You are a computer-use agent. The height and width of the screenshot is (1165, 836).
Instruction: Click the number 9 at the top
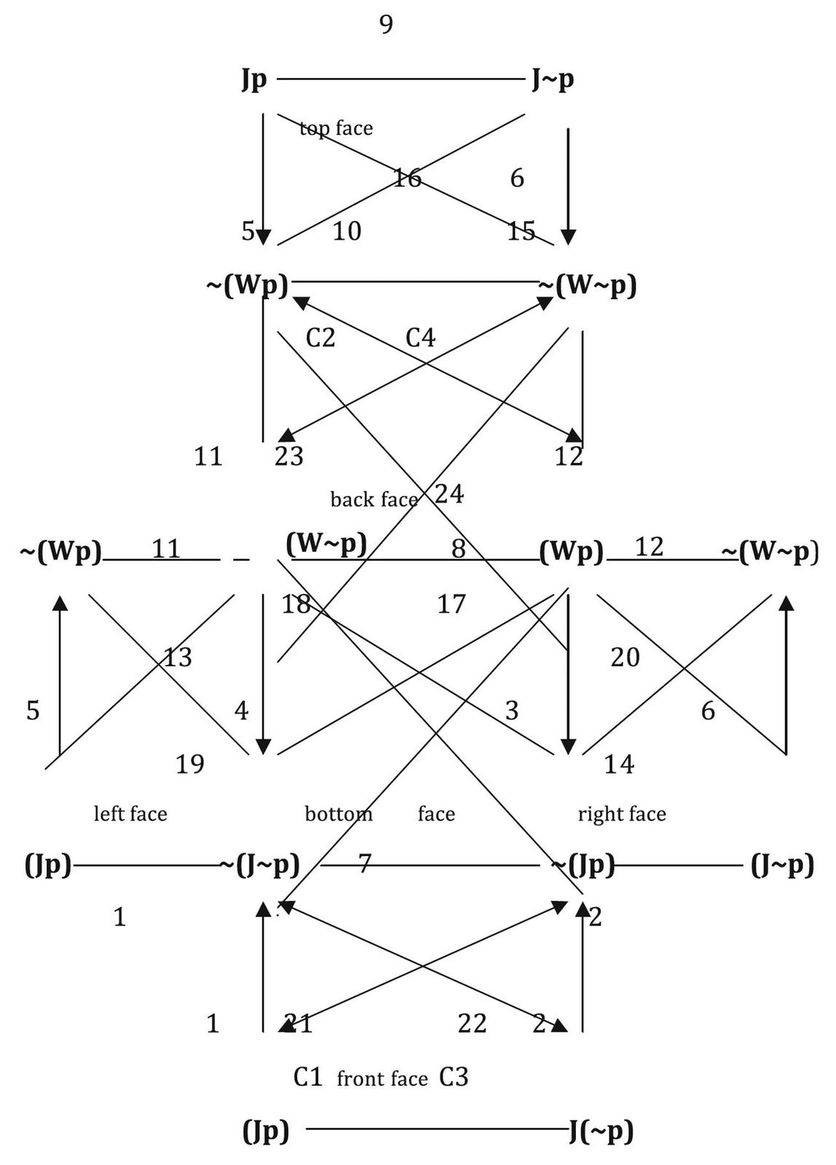point(386,25)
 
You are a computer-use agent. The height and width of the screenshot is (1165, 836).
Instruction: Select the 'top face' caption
point(336,129)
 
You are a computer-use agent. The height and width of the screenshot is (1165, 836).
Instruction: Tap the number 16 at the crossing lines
point(407,178)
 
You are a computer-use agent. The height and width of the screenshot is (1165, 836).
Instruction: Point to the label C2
point(320,338)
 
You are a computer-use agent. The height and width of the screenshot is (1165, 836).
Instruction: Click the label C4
point(420,338)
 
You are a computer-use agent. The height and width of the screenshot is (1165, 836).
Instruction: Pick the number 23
point(289,457)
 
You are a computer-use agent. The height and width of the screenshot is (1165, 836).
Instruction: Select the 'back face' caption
point(374,499)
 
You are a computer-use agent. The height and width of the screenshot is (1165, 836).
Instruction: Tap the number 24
point(449,494)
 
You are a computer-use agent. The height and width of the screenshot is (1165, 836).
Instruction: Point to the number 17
point(451,604)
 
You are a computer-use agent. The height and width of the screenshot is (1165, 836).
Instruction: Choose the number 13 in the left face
point(178,657)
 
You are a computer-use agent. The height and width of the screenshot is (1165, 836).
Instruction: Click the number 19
point(190,765)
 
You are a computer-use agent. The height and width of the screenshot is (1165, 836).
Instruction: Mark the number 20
point(625,657)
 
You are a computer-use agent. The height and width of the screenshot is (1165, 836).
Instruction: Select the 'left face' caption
point(130,813)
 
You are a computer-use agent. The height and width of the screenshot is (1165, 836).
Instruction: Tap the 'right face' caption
point(622,813)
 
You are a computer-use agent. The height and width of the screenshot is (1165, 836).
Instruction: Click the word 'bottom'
point(339,813)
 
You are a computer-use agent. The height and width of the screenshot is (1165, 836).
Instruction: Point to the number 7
point(364,864)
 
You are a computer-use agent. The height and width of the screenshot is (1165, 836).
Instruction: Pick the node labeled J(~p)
point(601,1131)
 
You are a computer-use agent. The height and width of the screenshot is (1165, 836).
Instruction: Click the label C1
point(307,1077)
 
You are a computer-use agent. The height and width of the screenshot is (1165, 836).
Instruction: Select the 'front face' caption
point(382,1078)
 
